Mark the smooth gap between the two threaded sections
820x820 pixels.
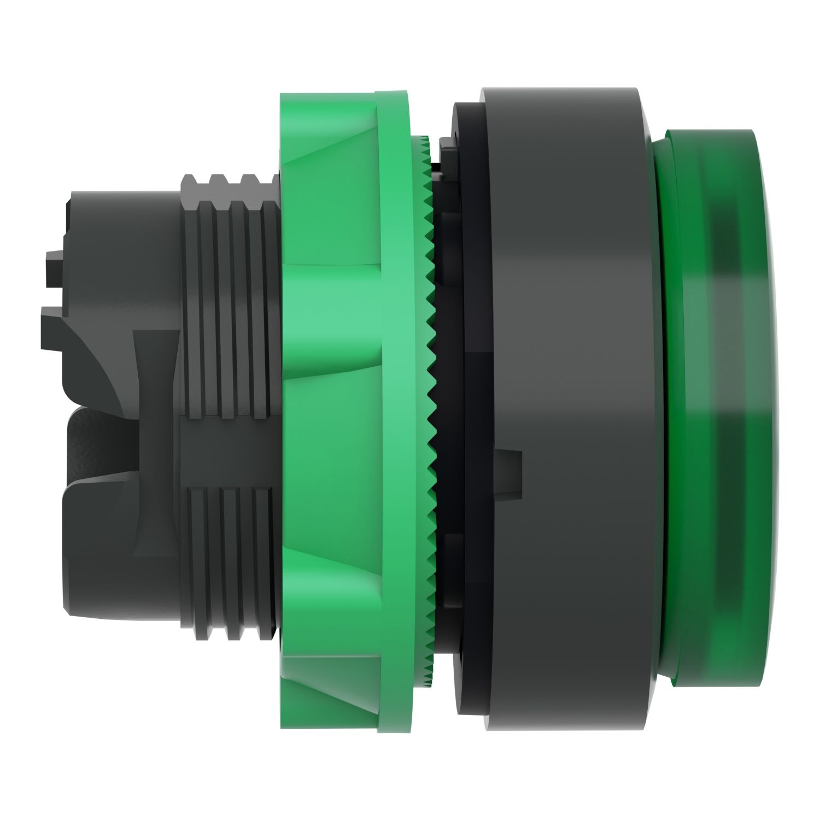(230, 454)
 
